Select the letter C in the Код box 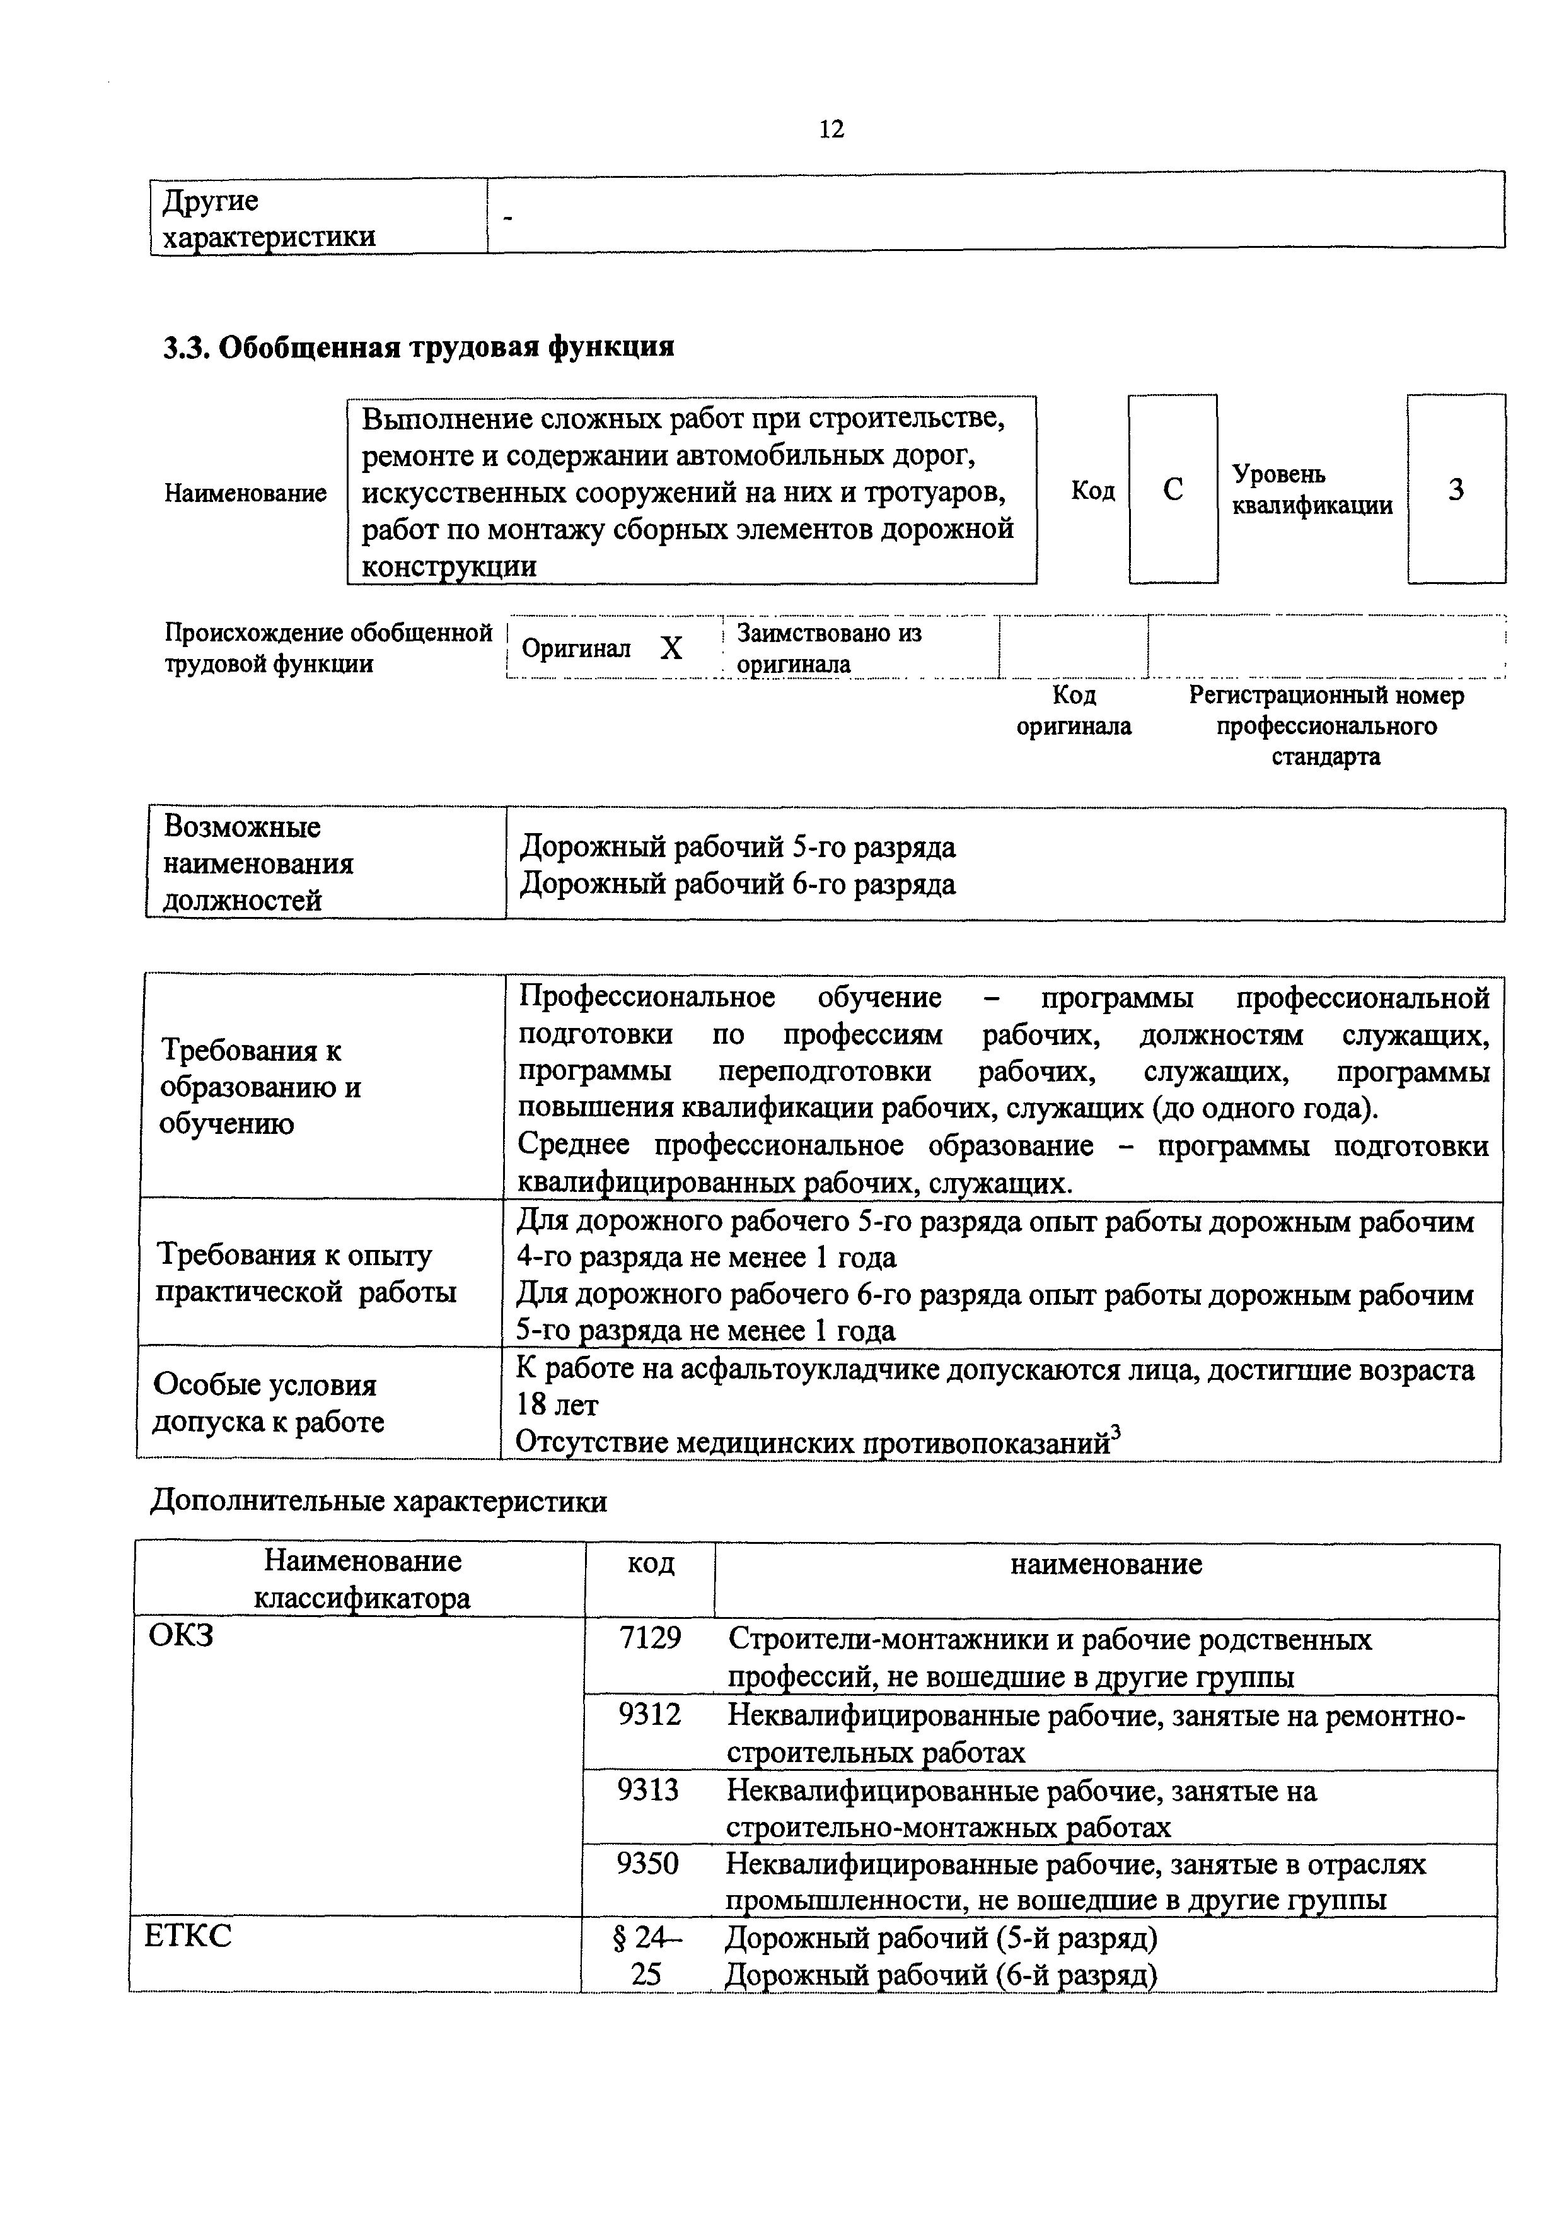(x=1172, y=489)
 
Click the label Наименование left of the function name (x=245, y=493)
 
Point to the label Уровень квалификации (x=1311, y=489)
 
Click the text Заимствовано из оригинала (x=829, y=648)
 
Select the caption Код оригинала (x=1074, y=710)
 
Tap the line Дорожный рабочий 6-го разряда (x=737, y=884)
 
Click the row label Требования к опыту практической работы (x=306, y=1273)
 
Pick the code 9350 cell (x=647, y=1864)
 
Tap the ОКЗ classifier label (x=181, y=1636)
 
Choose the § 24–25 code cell (x=647, y=1954)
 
